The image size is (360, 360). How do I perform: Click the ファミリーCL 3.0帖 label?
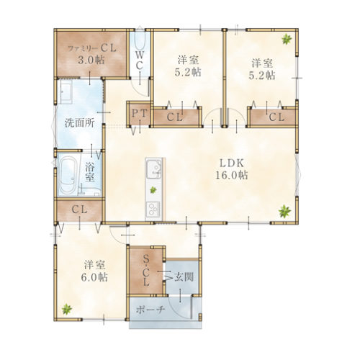[92, 54]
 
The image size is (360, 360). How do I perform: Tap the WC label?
[140, 60]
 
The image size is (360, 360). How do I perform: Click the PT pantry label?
[139, 114]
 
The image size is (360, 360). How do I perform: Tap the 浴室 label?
[90, 172]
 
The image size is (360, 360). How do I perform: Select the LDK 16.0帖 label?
[232, 169]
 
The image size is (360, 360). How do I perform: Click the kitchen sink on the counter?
[153, 168]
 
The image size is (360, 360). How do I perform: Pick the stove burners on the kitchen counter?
[153, 209]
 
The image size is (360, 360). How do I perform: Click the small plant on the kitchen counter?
[153, 190]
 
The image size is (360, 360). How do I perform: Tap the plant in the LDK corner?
[284, 211]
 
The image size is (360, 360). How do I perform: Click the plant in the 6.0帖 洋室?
[66, 309]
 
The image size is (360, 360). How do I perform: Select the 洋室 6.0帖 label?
[94, 271]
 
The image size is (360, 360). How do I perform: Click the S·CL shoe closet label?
[145, 271]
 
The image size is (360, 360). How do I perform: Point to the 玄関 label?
[184, 277]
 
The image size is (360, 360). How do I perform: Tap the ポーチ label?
[150, 310]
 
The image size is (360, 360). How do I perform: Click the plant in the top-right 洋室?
[287, 39]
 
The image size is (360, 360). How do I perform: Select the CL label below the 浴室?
[79, 210]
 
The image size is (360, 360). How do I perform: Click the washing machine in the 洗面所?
[66, 91]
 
